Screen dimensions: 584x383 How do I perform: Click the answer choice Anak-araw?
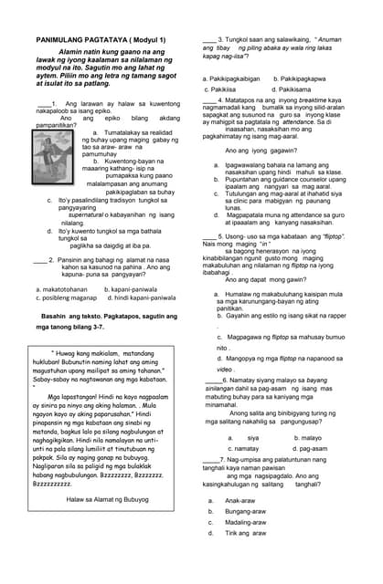239,501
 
